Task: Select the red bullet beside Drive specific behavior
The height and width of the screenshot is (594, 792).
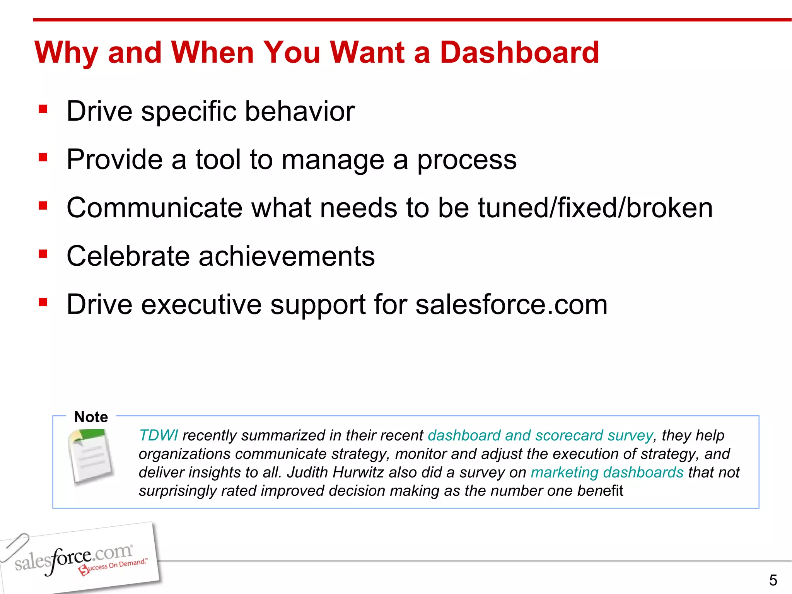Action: coord(43,109)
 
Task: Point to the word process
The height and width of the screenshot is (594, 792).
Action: coord(466,160)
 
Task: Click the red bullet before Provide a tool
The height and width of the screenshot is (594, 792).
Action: coord(43,157)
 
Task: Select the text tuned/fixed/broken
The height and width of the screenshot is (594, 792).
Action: coord(595,208)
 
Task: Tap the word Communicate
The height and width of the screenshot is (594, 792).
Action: coord(155,208)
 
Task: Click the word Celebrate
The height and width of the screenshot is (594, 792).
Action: coord(128,256)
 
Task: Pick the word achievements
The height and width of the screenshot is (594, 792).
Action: coord(287,256)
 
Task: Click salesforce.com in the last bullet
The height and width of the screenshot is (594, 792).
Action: coord(511,305)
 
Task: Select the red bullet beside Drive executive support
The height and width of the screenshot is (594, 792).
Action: coord(43,302)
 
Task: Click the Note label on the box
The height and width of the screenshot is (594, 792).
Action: coord(91,417)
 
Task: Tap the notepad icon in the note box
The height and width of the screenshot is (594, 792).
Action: coord(91,457)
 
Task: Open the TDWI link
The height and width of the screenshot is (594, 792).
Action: coord(158,435)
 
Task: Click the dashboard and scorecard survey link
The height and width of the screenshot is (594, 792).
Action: coord(540,435)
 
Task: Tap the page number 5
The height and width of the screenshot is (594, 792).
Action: coord(773,580)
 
